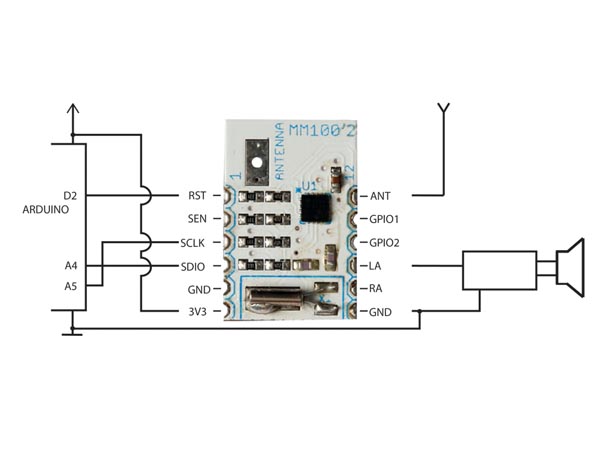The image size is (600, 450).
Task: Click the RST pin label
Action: point(196,195)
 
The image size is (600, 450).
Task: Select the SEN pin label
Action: point(196,218)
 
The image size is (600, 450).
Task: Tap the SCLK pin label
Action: point(193,242)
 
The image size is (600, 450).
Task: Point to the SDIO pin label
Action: point(193,265)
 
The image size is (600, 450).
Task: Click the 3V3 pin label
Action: point(196,311)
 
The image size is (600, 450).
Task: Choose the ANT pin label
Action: point(381,195)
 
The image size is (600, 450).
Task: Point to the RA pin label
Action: point(377,288)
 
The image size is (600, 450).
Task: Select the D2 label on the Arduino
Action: point(70,195)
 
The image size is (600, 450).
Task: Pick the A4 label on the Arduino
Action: point(70,266)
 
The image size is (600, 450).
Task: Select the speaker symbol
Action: point(569,267)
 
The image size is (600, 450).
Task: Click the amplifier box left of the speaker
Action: point(499,271)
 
